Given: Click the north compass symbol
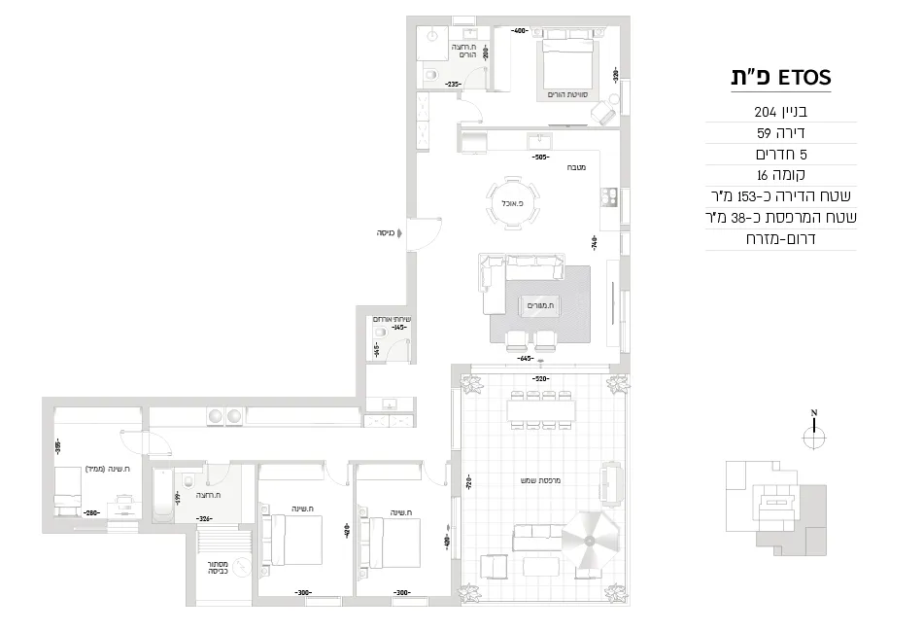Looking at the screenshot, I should coord(814,436).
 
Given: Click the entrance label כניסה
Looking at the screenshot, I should coord(391,233).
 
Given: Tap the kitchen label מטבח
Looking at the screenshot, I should coord(582,167).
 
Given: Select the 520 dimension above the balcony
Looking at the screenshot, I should coord(541,378).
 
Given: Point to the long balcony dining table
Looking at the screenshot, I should coord(541,410).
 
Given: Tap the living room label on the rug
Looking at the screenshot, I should coord(538,305).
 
